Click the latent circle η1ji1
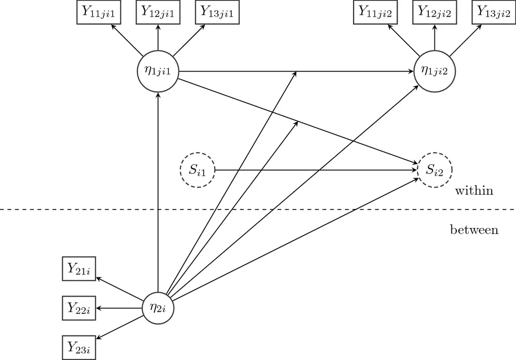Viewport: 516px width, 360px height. click(x=158, y=71)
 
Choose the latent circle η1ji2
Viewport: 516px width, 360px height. click(x=434, y=71)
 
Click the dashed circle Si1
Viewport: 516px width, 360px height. click(x=197, y=170)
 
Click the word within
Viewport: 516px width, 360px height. click(x=474, y=191)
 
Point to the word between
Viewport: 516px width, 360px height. click(x=474, y=230)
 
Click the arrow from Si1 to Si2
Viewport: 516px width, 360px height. click(x=312, y=170)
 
